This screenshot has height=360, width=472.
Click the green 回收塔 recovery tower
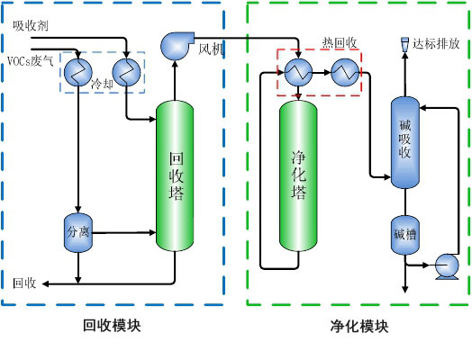click(177, 175)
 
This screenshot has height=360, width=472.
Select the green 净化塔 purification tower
click(299, 175)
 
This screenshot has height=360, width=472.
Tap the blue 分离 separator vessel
click(78, 231)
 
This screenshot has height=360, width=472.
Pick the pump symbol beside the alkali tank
click(445, 265)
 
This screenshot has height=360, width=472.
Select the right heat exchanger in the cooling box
click(126, 71)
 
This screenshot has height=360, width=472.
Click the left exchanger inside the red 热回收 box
click(296, 72)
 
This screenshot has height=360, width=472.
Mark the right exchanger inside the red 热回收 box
click(341, 72)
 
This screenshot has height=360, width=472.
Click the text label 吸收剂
click(30, 25)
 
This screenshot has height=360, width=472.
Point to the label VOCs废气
click(31, 61)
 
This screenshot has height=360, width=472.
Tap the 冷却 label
click(104, 83)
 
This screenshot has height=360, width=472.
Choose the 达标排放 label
click(437, 42)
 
